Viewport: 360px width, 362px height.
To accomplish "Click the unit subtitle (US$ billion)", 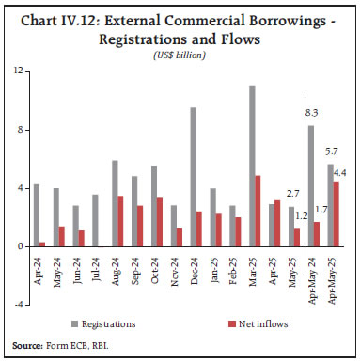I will (x=179, y=55).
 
